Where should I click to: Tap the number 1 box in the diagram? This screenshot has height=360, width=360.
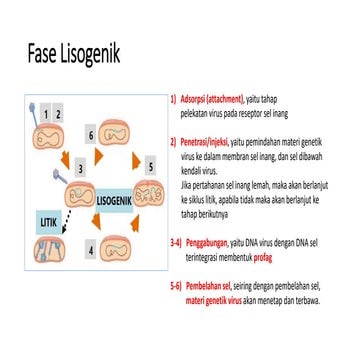tap(44, 115)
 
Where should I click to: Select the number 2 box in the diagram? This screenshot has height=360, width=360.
tap(59, 115)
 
